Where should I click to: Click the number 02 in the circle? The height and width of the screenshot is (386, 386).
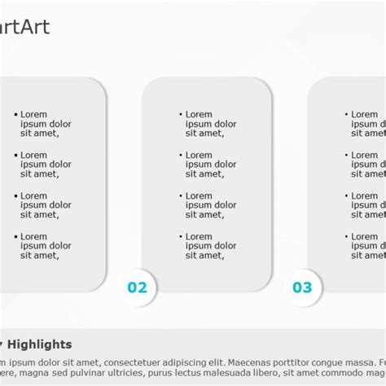(x=137, y=287)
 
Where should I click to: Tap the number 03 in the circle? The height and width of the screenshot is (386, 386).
(x=302, y=287)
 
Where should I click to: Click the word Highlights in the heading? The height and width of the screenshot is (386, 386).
(x=40, y=344)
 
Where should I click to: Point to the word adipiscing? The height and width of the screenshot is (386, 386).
(x=178, y=362)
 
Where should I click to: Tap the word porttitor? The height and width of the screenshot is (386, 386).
(x=296, y=362)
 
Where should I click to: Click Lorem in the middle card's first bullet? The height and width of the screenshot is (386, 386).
(x=199, y=115)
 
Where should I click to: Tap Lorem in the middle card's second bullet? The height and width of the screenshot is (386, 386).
(x=199, y=156)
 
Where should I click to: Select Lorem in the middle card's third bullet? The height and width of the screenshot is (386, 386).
(x=199, y=196)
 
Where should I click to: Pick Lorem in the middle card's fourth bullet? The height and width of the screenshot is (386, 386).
(x=199, y=237)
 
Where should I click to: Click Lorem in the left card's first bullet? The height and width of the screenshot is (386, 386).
(x=34, y=115)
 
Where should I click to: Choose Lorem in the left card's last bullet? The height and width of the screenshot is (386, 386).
(x=34, y=237)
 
